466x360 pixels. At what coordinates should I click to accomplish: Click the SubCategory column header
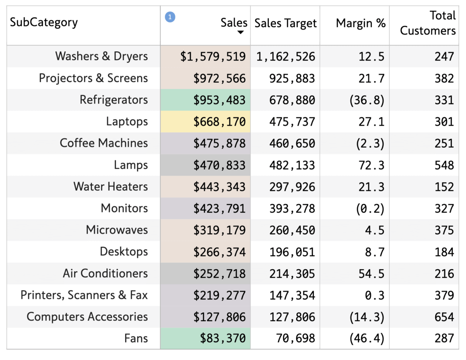click(44, 23)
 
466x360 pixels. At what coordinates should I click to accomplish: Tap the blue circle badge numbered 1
click(170, 17)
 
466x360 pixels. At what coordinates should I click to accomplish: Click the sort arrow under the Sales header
click(240, 32)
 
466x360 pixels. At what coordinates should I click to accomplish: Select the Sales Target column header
click(285, 23)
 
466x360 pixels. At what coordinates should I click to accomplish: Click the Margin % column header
click(360, 23)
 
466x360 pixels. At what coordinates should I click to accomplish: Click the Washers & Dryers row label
click(101, 56)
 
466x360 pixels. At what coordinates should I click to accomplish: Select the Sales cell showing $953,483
click(219, 100)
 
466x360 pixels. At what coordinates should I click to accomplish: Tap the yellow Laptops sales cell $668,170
click(219, 122)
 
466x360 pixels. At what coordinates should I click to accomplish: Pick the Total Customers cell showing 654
click(444, 317)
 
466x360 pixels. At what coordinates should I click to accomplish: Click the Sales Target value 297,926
click(292, 187)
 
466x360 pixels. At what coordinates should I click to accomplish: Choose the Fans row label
click(136, 338)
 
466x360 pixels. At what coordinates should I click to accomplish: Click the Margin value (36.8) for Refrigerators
click(367, 100)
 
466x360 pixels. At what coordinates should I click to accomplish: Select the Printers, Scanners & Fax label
click(84, 295)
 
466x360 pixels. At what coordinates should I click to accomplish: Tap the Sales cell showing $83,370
click(222, 338)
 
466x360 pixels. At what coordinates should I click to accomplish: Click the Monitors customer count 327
click(444, 209)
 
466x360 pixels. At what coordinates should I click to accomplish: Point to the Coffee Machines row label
click(104, 143)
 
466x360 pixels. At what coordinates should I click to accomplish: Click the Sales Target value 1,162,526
click(285, 57)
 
